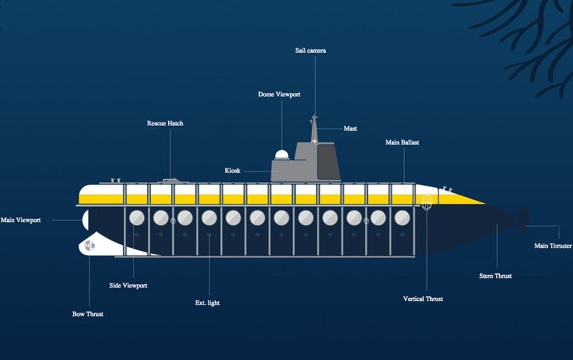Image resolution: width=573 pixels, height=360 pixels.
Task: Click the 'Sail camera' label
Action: [x=311, y=51]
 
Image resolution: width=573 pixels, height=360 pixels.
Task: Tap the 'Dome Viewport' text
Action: [x=279, y=95]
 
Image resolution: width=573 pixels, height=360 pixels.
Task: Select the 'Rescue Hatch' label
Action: [x=165, y=123]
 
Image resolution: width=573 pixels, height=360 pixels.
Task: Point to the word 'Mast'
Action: [x=350, y=129]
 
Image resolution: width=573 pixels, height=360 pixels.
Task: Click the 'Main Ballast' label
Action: [x=402, y=143]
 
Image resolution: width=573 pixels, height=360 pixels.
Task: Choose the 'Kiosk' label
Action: [x=232, y=171]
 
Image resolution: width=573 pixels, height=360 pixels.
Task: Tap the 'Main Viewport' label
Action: [x=21, y=221]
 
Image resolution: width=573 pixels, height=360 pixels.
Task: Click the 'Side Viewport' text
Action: [x=128, y=286]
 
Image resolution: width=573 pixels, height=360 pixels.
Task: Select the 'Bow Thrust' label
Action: [x=88, y=314]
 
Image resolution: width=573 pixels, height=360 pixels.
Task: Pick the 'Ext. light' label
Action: [x=208, y=303]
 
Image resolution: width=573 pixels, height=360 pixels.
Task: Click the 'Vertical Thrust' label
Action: [x=423, y=299]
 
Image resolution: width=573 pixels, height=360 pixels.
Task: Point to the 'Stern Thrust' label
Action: [x=495, y=276]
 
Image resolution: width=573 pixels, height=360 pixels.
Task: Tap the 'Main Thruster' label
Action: [x=553, y=246]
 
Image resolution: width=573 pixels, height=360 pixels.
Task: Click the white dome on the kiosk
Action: [x=282, y=155]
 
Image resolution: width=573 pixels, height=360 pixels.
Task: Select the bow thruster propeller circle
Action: [x=89, y=245]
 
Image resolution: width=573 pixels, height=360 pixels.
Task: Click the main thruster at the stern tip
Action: [x=523, y=220]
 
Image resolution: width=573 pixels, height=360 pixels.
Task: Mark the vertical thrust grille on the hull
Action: [x=427, y=203]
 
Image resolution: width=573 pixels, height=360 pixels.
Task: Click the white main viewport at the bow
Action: [x=85, y=221]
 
